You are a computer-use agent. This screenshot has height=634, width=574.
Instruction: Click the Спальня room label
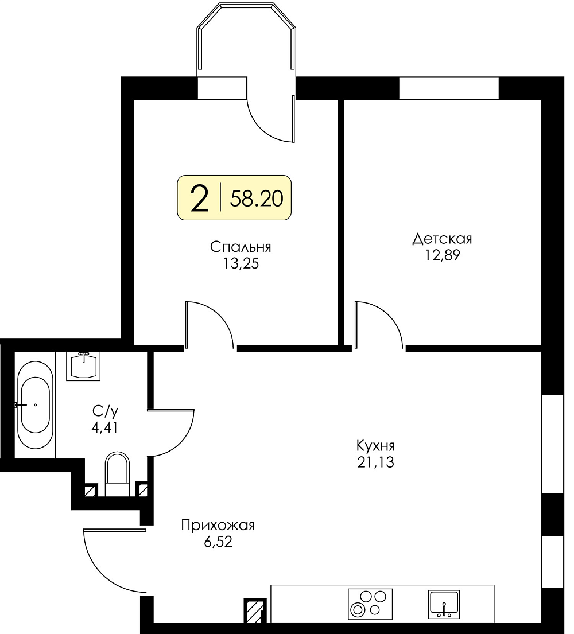241,247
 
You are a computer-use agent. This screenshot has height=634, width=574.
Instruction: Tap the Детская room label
442,239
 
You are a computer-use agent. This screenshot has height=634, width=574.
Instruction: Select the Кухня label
375,446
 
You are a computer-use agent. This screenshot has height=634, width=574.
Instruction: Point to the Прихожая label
218,525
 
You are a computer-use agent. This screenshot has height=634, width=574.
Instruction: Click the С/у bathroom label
105,411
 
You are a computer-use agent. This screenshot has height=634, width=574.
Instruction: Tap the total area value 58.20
257,199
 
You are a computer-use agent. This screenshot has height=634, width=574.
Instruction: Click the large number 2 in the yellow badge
199,198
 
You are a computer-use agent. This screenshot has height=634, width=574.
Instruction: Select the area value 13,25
241,263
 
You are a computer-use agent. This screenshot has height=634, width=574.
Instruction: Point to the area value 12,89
442,255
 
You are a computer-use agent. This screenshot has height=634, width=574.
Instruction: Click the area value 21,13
375,462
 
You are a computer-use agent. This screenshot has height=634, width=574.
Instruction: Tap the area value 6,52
218,542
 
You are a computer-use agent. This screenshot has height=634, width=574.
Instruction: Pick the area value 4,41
105,427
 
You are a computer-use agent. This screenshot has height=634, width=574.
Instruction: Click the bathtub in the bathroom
35,405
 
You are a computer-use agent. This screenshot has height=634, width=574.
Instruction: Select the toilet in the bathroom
117,474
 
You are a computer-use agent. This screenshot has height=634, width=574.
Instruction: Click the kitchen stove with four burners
370,604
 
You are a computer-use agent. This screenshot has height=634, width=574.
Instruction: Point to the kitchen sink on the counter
444,604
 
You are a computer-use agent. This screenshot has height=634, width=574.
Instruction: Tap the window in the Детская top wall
449,88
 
